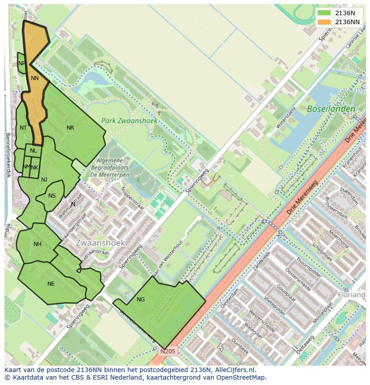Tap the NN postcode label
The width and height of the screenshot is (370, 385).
click(x=35, y=78)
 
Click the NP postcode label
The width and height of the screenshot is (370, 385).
click(x=22, y=63)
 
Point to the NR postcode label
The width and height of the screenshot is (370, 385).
click(x=70, y=128)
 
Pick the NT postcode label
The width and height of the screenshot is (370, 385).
click(x=23, y=128)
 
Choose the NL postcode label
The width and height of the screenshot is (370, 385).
click(x=34, y=151)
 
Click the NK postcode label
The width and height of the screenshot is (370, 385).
click(x=35, y=168)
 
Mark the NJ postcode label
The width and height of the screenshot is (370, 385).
click(x=44, y=180)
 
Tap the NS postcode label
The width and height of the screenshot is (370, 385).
click(x=52, y=196)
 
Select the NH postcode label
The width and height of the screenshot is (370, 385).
click(x=38, y=244)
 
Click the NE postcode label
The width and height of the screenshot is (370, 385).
click(x=51, y=284)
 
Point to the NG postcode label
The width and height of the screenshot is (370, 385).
click(x=141, y=300)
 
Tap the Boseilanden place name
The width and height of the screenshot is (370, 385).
click(x=331, y=109)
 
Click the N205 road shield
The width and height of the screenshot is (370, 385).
click(x=168, y=351)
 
